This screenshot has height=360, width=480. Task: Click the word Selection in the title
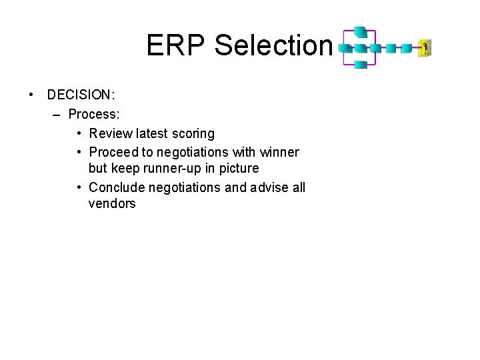pos(273,46)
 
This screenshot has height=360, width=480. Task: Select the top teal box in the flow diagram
pos(360,32)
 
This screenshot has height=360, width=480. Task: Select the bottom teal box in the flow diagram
pos(360,64)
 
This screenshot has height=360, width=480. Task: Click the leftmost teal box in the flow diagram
pos(345,48)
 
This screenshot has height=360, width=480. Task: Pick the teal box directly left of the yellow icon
pos(406,48)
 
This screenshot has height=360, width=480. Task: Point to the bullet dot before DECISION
pos(31,95)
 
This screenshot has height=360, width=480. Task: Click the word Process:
pos(94,114)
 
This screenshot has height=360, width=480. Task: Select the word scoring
pos(192,134)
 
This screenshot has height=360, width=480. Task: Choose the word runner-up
pos(182,169)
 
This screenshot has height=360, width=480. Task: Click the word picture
pos(239,169)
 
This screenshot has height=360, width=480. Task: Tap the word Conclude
pos(115,187)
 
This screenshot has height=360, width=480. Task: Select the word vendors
pos(112,204)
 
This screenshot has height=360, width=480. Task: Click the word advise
pos(271,187)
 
